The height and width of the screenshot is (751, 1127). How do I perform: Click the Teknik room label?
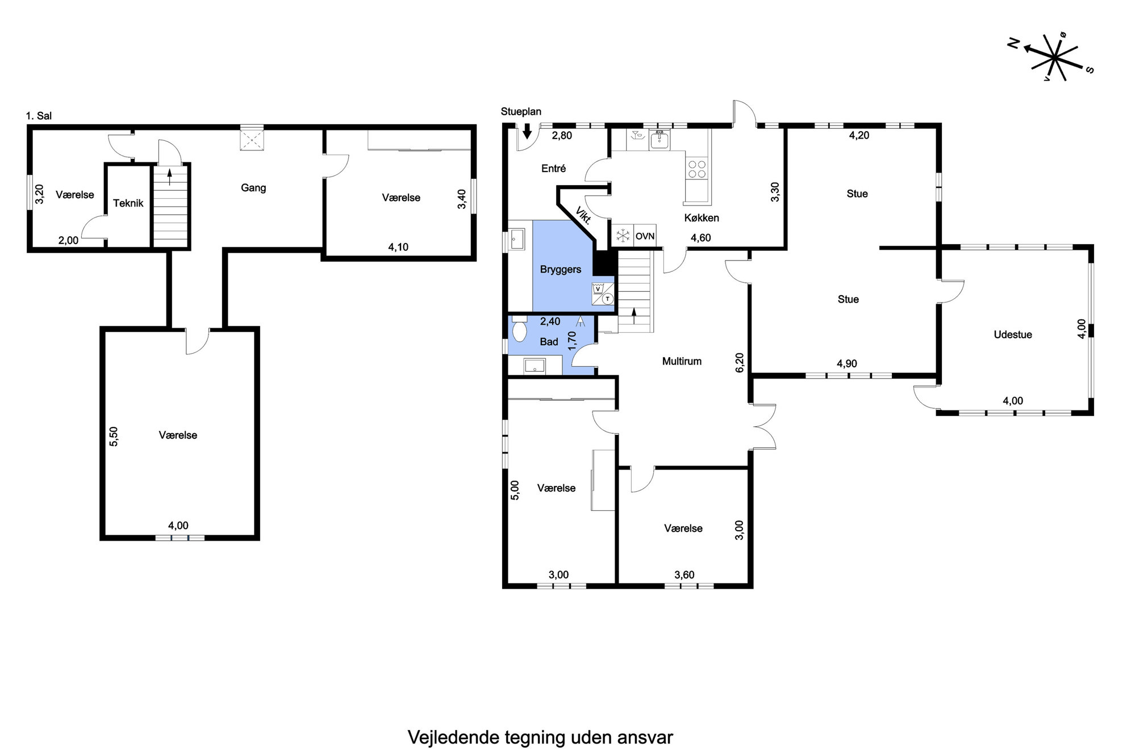pos(128,203)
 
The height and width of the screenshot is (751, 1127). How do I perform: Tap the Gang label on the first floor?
pos(253,188)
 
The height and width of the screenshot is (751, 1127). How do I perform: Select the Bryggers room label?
pos(561,270)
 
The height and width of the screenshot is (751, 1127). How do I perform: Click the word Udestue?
pos(1013,335)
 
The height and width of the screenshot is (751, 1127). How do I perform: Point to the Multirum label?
pos(682,361)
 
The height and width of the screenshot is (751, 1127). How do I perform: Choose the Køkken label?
pos(702,218)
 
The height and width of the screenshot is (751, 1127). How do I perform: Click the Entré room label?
pos(554,169)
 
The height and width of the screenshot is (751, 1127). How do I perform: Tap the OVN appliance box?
pos(645,236)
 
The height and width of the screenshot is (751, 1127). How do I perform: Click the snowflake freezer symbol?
pos(623,236)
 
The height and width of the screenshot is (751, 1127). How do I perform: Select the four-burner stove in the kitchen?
pos(697,169)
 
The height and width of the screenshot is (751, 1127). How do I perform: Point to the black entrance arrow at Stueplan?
pos(527,131)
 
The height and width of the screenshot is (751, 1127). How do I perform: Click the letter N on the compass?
pos(1013,44)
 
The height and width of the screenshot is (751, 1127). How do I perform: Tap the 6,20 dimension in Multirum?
pos(739,363)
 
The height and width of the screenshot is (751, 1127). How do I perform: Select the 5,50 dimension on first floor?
pos(114,437)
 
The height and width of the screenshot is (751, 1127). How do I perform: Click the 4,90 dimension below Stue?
pos(847,364)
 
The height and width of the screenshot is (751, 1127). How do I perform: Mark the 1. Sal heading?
pos(39,116)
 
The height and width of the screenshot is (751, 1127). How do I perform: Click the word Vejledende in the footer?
pos(454,737)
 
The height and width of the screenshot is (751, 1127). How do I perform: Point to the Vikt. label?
pos(583,216)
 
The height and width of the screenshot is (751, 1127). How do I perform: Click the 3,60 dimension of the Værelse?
pos(684,575)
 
